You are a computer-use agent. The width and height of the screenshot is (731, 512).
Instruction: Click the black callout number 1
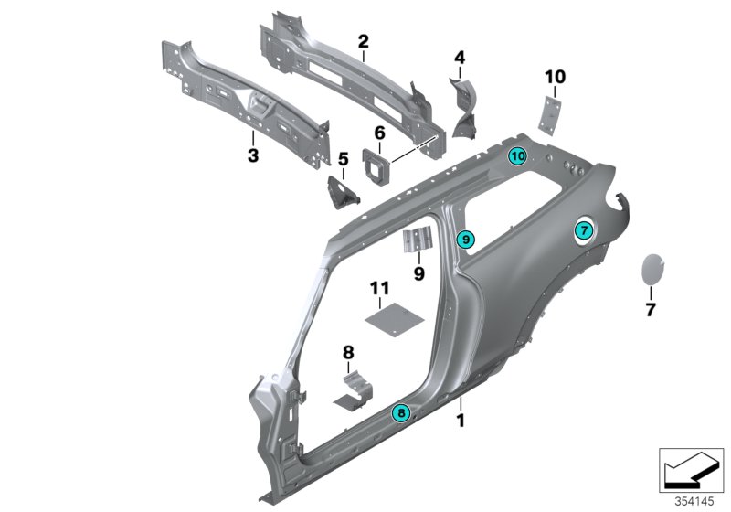pyautogui.click(x=461, y=421)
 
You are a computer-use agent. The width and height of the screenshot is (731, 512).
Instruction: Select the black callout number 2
pyautogui.click(x=363, y=41)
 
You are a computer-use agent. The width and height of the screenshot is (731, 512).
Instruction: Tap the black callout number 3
pyautogui.click(x=253, y=156)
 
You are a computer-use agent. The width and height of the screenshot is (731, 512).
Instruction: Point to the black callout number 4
pyautogui.click(x=460, y=59)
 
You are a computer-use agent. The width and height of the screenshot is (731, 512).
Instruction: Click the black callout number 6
pyautogui.click(x=377, y=132)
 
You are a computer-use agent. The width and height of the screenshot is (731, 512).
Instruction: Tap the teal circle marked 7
pyautogui.click(x=583, y=232)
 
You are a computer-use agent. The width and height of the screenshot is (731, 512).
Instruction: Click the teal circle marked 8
pyautogui.click(x=400, y=413)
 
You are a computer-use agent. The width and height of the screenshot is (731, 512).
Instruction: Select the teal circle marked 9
pyautogui.click(x=465, y=240)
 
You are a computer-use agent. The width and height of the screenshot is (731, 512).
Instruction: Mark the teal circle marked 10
pyautogui.click(x=517, y=155)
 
